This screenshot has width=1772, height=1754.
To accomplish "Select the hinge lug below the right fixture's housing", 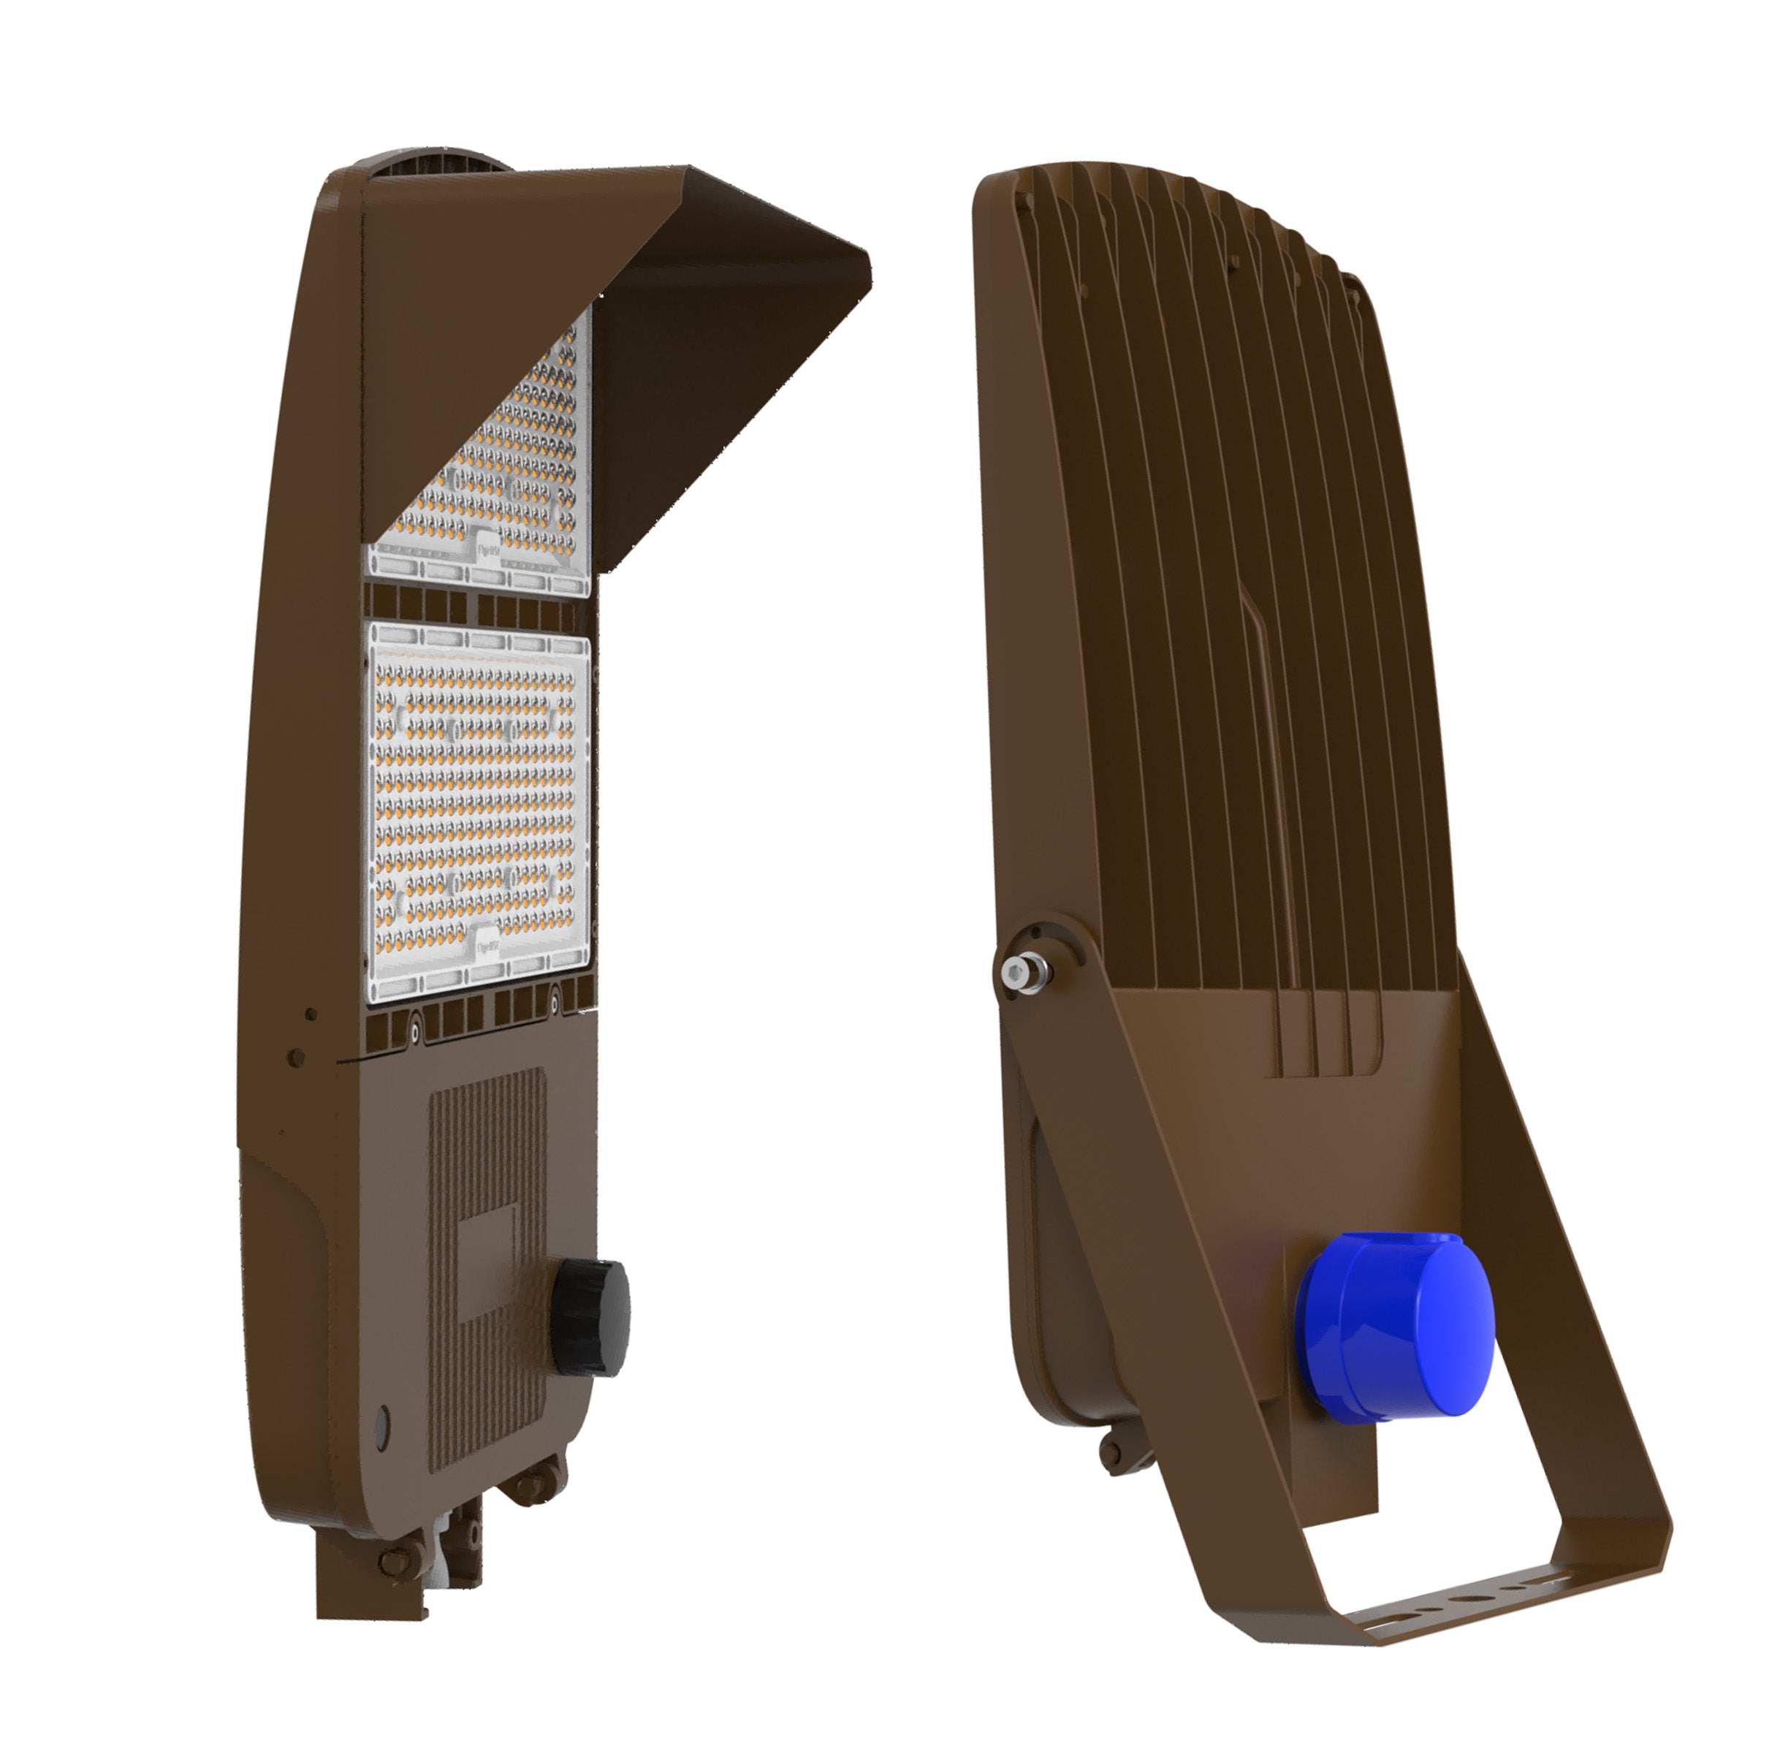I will (1111, 1449).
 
